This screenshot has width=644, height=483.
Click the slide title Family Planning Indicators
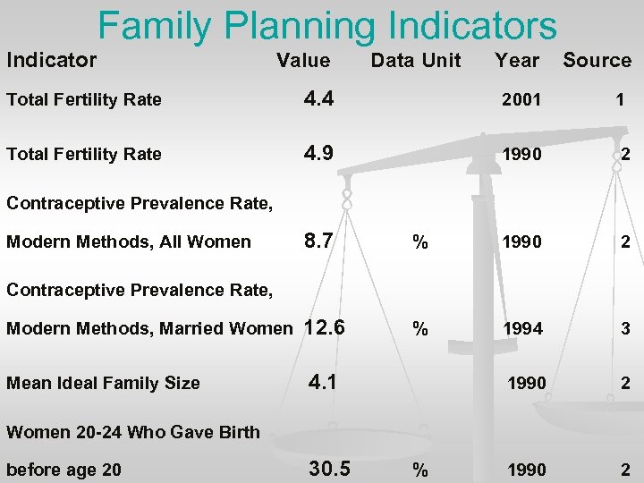(x=327, y=26)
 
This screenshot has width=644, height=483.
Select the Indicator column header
(x=51, y=61)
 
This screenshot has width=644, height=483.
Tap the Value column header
(x=303, y=61)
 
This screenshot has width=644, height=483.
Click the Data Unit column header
(x=416, y=61)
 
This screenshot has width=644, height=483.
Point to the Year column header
(x=517, y=61)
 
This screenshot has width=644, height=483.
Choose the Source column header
(x=597, y=61)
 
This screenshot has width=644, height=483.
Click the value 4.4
(x=319, y=99)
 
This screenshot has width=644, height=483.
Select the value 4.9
(x=319, y=153)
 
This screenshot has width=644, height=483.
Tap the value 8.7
(x=319, y=241)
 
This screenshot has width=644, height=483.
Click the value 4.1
(x=323, y=382)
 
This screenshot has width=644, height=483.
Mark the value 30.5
(x=329, y=469)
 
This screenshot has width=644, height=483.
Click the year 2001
(x=521, y=100)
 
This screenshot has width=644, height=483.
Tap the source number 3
(x=625, y=329)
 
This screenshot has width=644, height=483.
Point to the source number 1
(x=620, y=100)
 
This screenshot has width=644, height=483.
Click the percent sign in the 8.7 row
(x=419, y=241)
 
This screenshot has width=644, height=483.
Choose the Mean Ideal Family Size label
(x=103, y=384)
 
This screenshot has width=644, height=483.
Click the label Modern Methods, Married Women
(x=149, y=329)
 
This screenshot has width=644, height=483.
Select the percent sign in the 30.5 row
(x=419, y=470)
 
